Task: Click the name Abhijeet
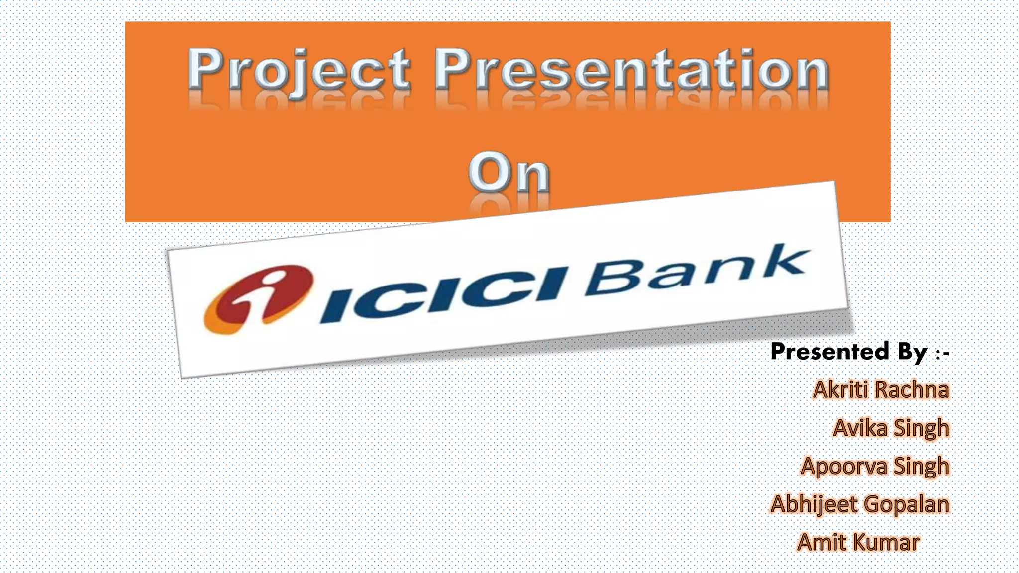tap(814, 505)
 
